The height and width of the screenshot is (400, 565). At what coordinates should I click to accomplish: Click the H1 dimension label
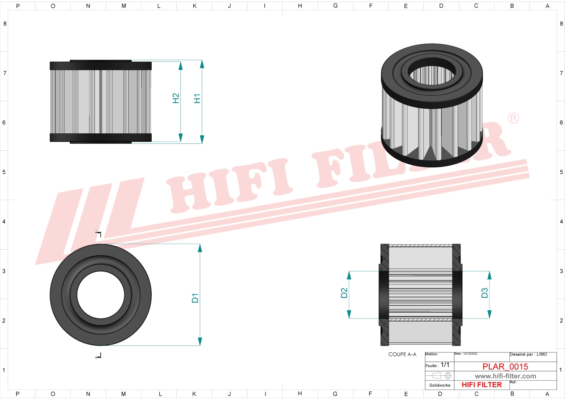[197, 99]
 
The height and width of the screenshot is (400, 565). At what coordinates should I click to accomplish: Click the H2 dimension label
[176, 99]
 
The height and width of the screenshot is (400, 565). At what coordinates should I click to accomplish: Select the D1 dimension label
[195, 298]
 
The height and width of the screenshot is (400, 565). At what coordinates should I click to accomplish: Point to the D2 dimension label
[344, 293]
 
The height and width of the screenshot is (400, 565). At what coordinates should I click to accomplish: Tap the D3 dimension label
[485, 293]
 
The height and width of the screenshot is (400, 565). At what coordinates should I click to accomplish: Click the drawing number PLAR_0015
[505, 366]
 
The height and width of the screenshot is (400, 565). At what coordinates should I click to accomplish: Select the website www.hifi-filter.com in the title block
[505, 376]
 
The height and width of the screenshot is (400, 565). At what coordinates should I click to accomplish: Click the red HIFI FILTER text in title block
[481, 385]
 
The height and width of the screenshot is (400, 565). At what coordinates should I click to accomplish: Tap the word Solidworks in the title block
[439, 385]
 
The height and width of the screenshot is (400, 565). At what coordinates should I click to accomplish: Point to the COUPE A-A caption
[402, 354]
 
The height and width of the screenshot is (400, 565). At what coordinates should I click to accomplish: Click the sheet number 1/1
[445, 365]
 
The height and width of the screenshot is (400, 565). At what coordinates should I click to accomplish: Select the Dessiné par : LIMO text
[528, 354]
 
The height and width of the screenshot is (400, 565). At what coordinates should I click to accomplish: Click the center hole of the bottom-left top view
[100, 295]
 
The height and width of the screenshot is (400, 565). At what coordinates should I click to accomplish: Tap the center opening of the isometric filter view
[432, 75]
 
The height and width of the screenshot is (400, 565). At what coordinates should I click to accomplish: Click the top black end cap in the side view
[100, 65]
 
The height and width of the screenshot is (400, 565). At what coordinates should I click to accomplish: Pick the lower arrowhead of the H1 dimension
[202, 139]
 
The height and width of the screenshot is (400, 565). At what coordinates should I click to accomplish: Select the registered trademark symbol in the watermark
[513, 118]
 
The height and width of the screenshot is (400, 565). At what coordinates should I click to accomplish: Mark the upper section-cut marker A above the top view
[98, 234]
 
